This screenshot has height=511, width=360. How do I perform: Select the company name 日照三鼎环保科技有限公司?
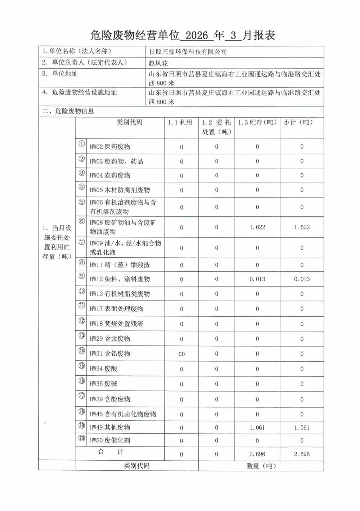(188, 52)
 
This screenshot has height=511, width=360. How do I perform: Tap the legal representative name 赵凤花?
(158, 63)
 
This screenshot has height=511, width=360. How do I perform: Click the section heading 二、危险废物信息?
(68, 111)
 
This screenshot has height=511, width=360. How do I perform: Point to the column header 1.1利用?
(180, 122)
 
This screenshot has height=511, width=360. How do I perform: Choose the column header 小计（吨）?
(298, 122)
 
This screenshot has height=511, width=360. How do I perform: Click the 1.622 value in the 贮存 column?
(257, 227)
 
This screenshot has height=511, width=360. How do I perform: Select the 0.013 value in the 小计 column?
(302, 279)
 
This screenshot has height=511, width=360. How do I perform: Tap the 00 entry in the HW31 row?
(181, 354)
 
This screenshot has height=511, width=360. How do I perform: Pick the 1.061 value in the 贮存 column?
(257, 428)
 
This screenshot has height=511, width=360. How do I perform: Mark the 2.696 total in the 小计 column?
(302, 454)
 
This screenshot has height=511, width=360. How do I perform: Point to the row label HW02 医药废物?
(110, 146)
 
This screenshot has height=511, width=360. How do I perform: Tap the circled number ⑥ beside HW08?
(82, 221)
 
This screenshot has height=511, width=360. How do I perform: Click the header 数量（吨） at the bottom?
(261, 466)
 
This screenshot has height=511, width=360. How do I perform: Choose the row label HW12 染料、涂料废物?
(120, 279)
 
